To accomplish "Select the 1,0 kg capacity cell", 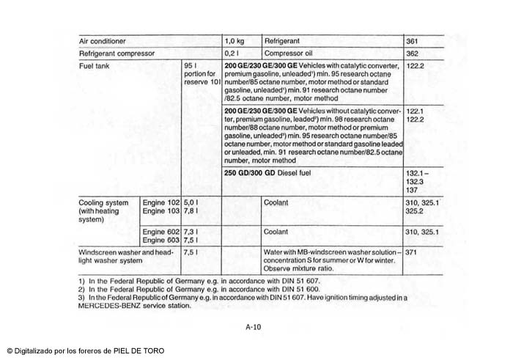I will [x=235, y=42].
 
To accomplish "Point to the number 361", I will [x=412, y=42].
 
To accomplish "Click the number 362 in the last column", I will [x=412, y=54].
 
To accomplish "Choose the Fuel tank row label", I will [x=95, y=66].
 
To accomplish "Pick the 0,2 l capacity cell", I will [x=232, y=54].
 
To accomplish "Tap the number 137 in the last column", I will [x=412, y=190].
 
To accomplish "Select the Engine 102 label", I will [x=160, y=202].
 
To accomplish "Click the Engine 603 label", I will [x=160, y=240].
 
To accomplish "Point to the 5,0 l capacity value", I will [x=191, y=202].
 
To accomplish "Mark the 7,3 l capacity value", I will [x=191, y=231].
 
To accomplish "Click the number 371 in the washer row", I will [x=411, y=251].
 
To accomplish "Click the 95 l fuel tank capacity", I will [x=190, y=66].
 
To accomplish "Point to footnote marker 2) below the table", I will [x=81, y=290].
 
